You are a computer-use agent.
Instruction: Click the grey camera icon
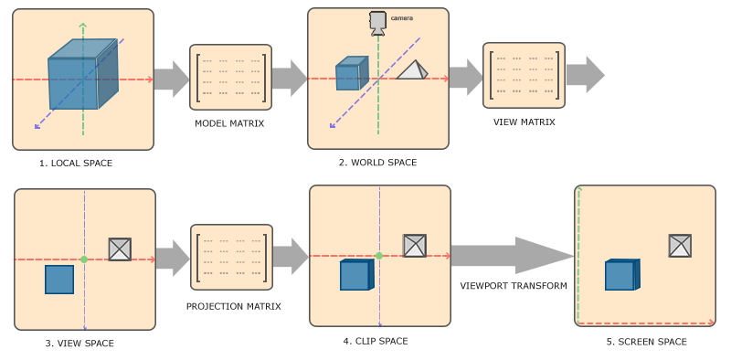pyautogui.click(x=377, y=22)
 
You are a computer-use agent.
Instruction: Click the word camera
pyautogui.click(x=402, y=18)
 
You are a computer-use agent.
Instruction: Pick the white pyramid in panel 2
pyautogui.click(x=412, y=70)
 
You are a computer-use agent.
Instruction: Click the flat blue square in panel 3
pyautogui.click(x=59, y=280)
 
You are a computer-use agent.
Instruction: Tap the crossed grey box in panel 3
pyautogui.click(x=120, y=249)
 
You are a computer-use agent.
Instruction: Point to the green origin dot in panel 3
pyautogui.click(x=84, y=259)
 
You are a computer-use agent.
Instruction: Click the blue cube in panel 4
pyautogui.click(x=356, y=275)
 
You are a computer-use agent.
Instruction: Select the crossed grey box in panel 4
pyautogui.click(x=415, y=246)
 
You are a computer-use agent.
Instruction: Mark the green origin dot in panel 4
pyautogui.click(x=378, y=257)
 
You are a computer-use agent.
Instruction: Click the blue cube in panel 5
pyautogui.click(x=621, y=275)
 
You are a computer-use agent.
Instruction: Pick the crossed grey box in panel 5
pyautogui.click(x=680, y=246)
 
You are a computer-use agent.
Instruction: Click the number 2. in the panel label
pyautogui.click(x=343, y=163)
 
